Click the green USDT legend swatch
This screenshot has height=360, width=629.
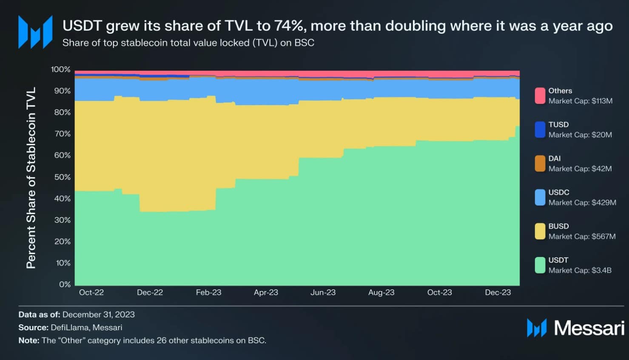[540, 265]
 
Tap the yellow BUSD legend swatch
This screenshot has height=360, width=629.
[540, 231]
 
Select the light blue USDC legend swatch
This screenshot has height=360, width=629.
[540, 197]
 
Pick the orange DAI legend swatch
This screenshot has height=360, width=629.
[540, 163]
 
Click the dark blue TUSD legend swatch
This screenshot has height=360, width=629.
[540, 130]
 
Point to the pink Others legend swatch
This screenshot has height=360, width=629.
[540, 96]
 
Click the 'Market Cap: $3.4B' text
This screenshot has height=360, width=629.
[580, 270]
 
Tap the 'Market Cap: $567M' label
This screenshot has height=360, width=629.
[582, 236]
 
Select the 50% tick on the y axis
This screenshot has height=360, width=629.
[63, 177]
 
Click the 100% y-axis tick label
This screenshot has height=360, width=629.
[61, 69]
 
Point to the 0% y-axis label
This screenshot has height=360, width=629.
[65, 284]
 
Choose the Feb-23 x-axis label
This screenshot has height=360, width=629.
[208, 292]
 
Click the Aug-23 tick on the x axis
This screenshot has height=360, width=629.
[381, 292]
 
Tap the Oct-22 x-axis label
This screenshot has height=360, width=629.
[91, 292]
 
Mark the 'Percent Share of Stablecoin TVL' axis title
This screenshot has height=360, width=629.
[31, 177]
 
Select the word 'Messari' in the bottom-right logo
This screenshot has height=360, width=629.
[589, 328]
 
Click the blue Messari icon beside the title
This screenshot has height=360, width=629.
[35, 32]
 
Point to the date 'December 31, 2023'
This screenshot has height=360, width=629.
[98, 314]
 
